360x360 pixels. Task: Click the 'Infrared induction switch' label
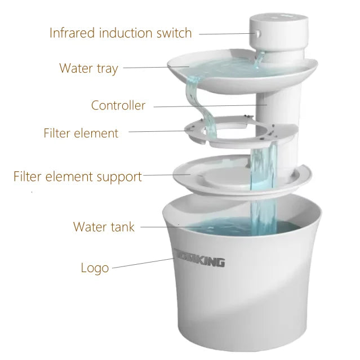coord(121,33)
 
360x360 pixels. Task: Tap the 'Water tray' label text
coord(88,68)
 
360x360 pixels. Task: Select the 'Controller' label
coord(118,105)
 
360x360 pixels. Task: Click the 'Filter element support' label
coord(78,176)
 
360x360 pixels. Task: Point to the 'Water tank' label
coord(104,227)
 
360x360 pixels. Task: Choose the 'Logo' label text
coord(95,268)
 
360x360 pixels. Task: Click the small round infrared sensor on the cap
coord(258,33)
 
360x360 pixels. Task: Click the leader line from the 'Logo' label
coord(143,263)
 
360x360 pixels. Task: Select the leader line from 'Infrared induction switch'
coord(227,34)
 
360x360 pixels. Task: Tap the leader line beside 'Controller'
coord(210,106)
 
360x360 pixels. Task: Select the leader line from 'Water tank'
coord(171,227)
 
